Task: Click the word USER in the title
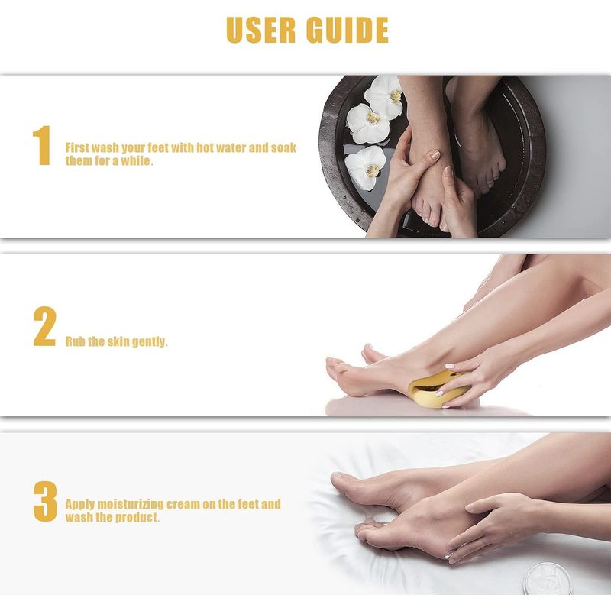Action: click(260, 30)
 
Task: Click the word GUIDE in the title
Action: click(348, 30)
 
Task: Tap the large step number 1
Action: click(42, 145)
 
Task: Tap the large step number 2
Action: click(45, 326)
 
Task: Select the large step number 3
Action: click(45, 501)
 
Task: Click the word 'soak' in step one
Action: click(283, 147)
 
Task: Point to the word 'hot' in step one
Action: click(205, 147)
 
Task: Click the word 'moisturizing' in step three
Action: click(130, 504)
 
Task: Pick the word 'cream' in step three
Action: click(183, 504)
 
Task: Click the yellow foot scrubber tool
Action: click(436, 390)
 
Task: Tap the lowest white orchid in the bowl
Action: click(365, 167)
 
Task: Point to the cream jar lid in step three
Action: click(548, 580)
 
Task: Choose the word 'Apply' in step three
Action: click(79, 505)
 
